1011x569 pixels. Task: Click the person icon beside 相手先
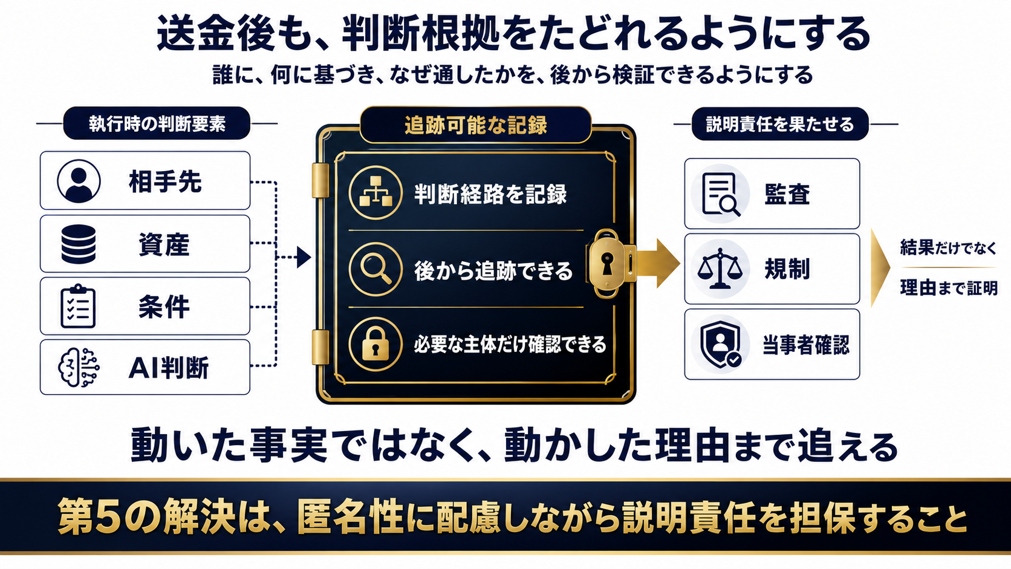79,181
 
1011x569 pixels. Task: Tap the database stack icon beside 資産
79,244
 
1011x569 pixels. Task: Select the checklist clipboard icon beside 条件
78,307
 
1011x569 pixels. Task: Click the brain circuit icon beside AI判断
79,367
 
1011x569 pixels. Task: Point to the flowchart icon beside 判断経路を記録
375,193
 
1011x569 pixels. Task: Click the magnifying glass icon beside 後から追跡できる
375,270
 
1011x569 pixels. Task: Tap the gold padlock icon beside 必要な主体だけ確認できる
375,344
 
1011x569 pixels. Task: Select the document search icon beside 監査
721,194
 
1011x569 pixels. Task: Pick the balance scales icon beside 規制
720,268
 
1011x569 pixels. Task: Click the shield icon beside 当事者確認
721,344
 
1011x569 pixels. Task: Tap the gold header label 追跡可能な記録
476,125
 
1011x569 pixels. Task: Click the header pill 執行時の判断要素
157,123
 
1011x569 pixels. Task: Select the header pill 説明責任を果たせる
780,123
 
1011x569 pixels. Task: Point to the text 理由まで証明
949,287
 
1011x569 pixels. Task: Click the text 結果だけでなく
948,247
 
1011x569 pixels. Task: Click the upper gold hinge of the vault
320,180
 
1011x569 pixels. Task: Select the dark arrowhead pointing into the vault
304,257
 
